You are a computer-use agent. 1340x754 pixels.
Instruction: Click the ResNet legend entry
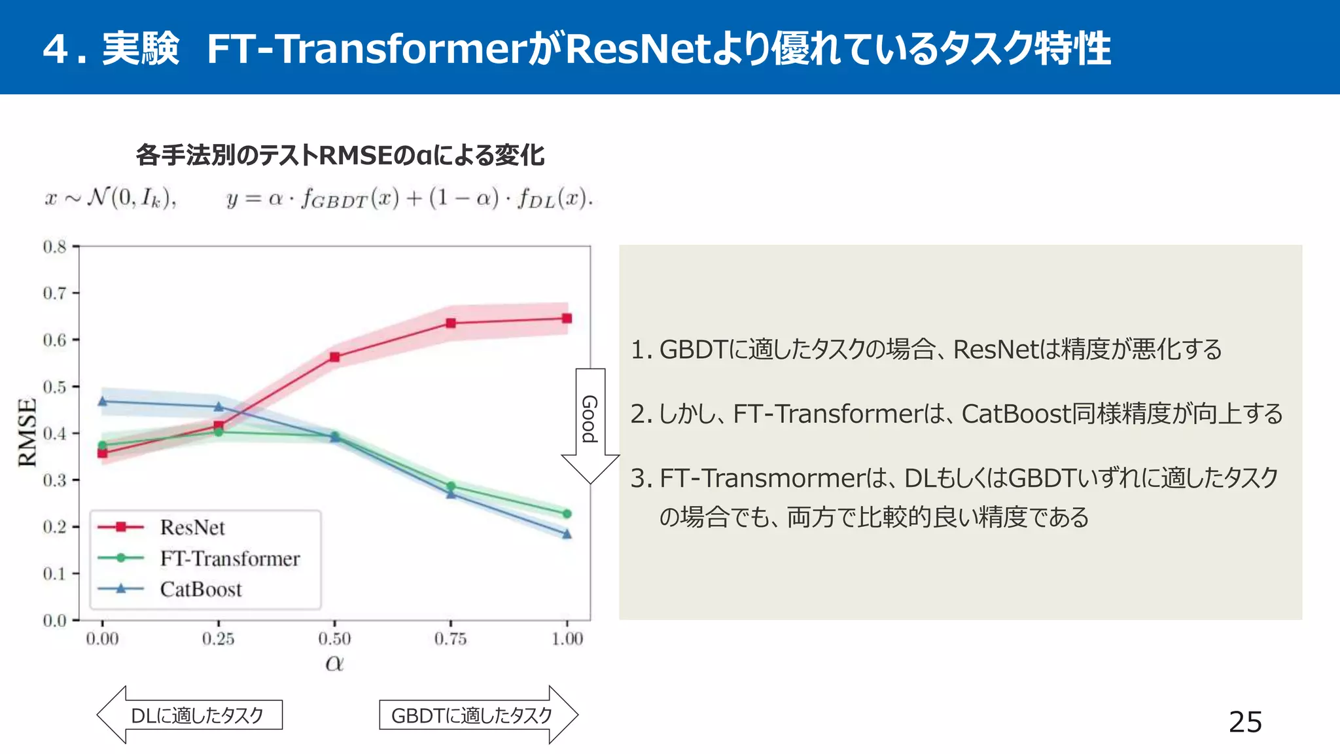192,527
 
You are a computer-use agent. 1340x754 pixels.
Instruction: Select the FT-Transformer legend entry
229,558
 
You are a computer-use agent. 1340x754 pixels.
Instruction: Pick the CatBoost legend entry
201,589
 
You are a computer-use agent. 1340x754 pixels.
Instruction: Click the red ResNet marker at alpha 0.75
451,323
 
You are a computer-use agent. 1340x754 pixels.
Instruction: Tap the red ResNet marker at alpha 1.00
567,319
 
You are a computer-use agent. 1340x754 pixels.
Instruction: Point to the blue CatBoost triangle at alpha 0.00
103,401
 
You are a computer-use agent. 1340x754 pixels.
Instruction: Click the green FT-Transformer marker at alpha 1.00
567,514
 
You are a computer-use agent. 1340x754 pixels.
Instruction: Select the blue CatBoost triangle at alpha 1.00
567,534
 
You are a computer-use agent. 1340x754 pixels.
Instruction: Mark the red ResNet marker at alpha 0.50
335,357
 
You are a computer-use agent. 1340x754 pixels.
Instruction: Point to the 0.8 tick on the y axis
55,247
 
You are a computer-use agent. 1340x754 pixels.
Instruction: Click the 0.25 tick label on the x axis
218,639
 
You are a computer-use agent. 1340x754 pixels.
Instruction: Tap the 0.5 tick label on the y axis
55,387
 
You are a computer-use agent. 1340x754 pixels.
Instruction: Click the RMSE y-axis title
27,433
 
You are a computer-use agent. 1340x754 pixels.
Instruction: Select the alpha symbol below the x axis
334,663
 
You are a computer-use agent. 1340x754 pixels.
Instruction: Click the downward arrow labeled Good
590,425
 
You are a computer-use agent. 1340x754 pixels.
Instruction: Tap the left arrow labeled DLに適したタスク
190,715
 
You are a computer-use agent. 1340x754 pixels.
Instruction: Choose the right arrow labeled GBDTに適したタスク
478,715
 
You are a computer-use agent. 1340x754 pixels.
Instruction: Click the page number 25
1245,722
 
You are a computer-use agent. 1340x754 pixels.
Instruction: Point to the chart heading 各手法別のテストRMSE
340,155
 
